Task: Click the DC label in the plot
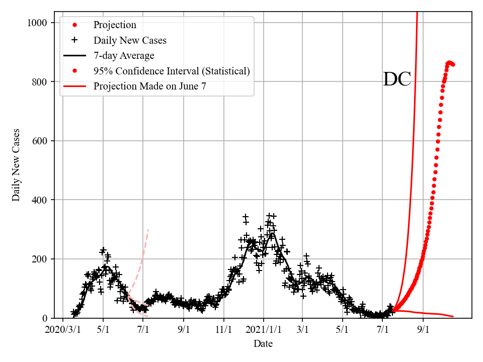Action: (397, 79)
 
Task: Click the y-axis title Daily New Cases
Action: (17, 165)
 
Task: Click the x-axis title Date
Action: (263, 343)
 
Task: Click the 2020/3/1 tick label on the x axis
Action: (63, 329)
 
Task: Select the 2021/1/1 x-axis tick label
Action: (263, 329)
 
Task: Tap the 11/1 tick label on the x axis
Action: (223, 329)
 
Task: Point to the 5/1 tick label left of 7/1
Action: (103, 329)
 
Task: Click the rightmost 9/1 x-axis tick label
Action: (423, 329)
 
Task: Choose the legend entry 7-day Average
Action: (124, 55)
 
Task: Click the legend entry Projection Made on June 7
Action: (149, 86)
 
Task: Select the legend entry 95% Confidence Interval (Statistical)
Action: (171, 71)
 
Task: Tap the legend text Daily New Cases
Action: (130, 40)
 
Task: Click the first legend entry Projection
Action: (115, 25)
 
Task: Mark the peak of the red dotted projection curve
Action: (449, 62)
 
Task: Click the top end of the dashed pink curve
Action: (148, 230)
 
